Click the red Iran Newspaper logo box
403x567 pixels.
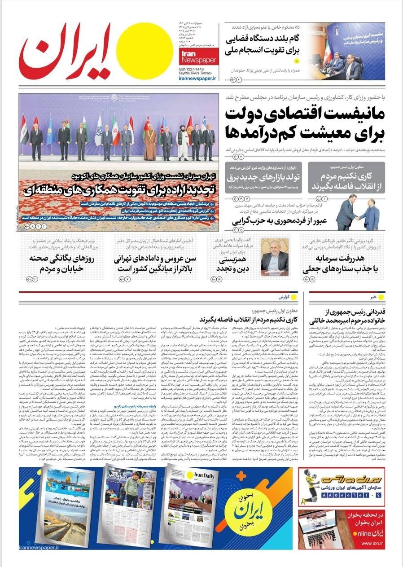tap(198, 57)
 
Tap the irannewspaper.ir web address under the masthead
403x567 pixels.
tap(197, 78)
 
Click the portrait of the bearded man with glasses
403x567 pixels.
tap(275, 257)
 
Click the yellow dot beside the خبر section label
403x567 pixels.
tap(381, 297)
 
